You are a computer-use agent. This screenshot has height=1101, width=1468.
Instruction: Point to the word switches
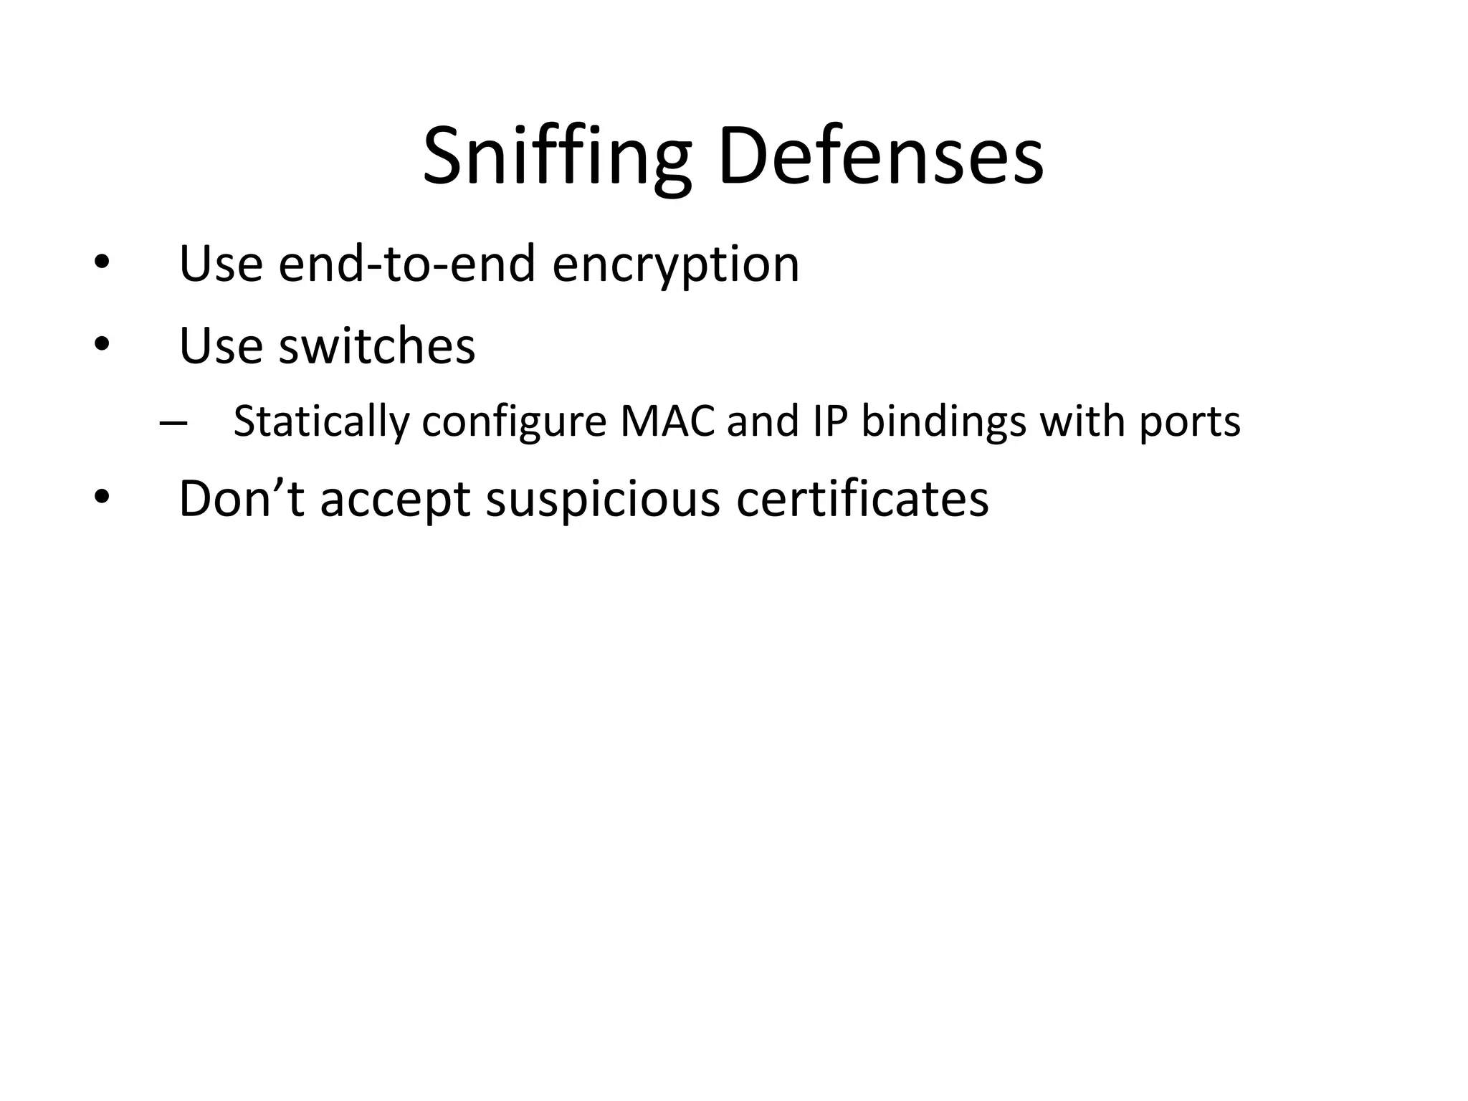pyautogui.click(x=376, y=345)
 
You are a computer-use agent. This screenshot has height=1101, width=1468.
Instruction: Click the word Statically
pyautogui.click(x=321, y=421)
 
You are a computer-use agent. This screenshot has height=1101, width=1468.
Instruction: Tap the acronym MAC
pyautogui.click(x=667, y=421)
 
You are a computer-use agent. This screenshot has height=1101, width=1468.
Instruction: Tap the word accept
pyautogui.click(x=395, y=500)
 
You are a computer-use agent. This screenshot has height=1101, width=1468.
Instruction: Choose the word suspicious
pyautogui.click(x=602, y=500)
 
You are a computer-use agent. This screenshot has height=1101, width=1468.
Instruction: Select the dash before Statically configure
pyautogui.click(x=173, y=423)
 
